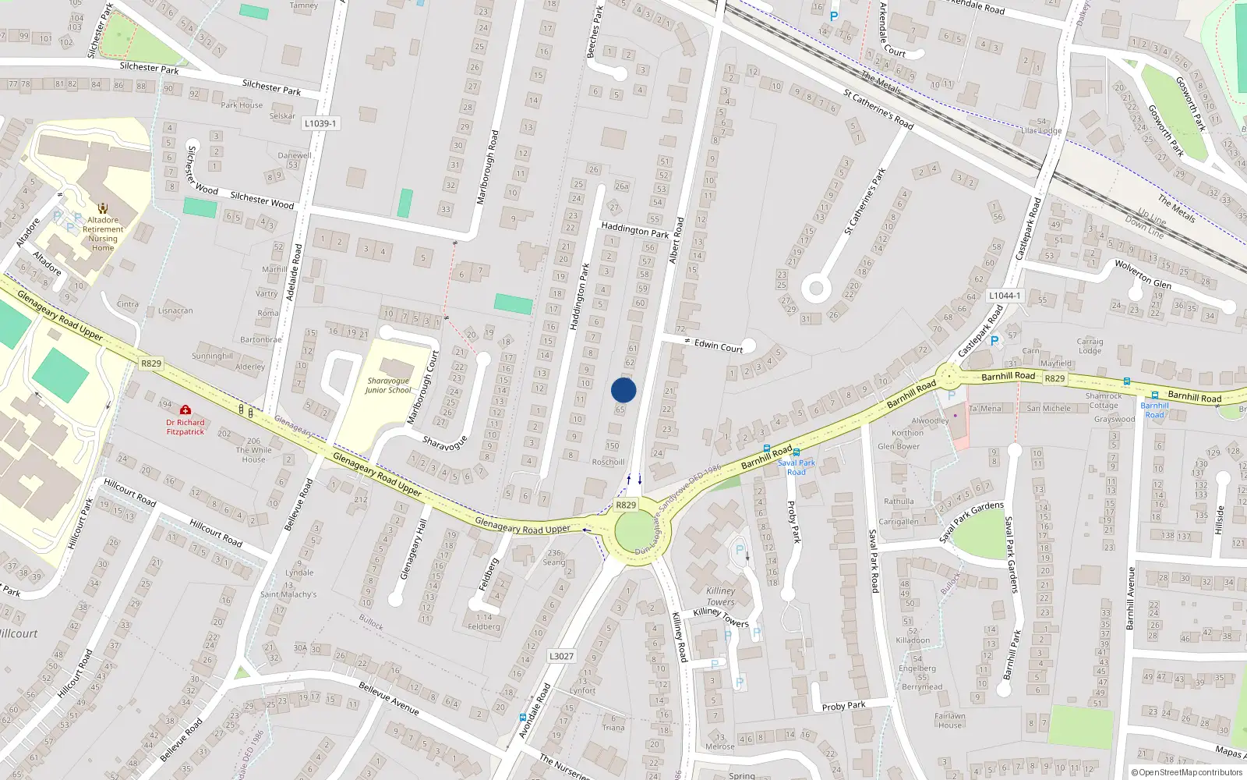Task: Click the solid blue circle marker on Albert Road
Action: [623, 390]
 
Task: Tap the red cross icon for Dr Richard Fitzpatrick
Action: [185, 409]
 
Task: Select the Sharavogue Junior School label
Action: [388, 385]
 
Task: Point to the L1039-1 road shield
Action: [320, 123]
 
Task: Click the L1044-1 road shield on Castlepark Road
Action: [1005, 296]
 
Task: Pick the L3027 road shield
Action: [561, 656]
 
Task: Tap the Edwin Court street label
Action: [718, 346]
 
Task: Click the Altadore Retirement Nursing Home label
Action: [103, 233]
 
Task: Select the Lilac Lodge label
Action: [1041, 130]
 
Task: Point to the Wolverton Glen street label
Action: [1142, 274]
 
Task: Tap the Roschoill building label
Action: [608, 462]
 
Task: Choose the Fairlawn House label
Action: [950, 720]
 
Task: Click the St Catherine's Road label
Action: [878, 109]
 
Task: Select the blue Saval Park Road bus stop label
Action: [797, 467]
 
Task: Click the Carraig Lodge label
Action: [1090, 346]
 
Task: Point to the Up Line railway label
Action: [1151, 216]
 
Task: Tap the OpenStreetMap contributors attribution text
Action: [1188, 772]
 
